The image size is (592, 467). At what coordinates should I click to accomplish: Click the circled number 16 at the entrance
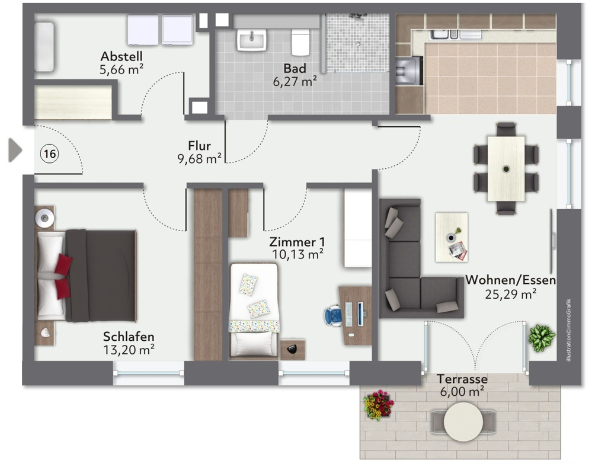tap(49, 153)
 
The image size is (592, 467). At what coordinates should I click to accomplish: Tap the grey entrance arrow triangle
tap(15, 150)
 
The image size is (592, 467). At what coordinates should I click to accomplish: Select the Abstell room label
tap(121, 56)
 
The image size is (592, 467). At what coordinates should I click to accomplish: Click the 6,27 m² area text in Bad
tap(295, 81)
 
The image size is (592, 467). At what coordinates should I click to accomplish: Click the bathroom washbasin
tap(251, 40)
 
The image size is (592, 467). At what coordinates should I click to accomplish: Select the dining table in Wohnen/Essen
tap(506, 168)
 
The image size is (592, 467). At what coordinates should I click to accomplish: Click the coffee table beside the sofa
tap(452, 237)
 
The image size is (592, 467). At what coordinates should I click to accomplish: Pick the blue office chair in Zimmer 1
tap(333, 315)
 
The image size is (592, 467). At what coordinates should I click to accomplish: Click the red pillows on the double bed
tap(63, 276)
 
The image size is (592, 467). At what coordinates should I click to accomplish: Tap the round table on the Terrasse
tap(463, 421)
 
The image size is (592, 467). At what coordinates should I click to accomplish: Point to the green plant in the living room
tap(542, 338)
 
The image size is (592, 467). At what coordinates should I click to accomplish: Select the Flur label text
tap(199, 145)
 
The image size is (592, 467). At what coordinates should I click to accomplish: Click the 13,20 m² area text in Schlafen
tap(129, 350)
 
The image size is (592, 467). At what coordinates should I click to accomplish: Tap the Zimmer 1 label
tap(297, 242)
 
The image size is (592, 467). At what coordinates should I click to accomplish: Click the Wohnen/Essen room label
tap(510, 280)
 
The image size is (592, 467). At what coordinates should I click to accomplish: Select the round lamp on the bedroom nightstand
tap(44, 218)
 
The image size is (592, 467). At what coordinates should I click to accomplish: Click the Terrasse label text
tap(462, 379)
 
